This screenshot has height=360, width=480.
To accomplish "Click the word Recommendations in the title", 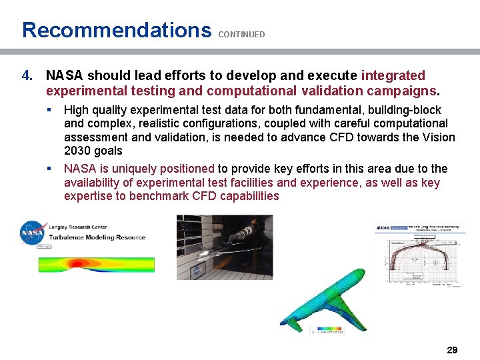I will [116, 30].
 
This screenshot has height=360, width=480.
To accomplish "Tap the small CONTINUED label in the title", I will [241, 34].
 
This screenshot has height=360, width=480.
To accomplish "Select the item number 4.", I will [27, 76].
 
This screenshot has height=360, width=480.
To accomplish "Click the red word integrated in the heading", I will [393, 76].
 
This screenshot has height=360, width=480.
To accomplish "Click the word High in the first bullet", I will [76, 110].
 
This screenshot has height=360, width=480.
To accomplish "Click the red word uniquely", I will [133, 169].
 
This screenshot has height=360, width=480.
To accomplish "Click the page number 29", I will [452, 349].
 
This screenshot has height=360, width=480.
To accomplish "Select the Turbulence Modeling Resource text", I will [97, 237].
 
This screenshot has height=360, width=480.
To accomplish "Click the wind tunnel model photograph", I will [224, 247].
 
